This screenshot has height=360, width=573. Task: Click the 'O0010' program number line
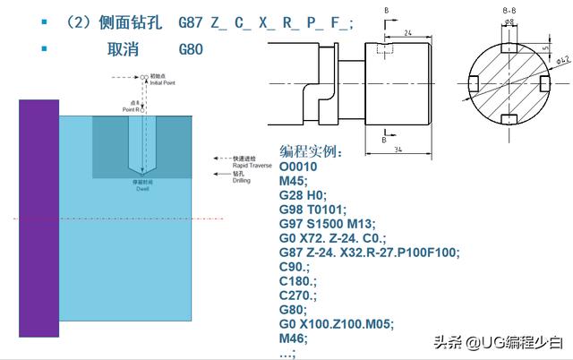[x=301, y=167]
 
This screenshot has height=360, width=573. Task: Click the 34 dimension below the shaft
[x=397, y=150]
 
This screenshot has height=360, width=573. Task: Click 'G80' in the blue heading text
[x=192, y=50]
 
